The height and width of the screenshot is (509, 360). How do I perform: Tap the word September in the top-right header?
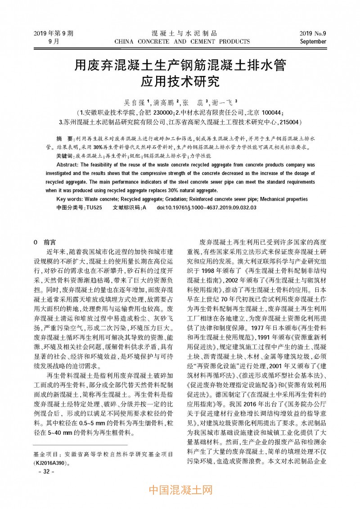pyautogui.click(x=313, y=41)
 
